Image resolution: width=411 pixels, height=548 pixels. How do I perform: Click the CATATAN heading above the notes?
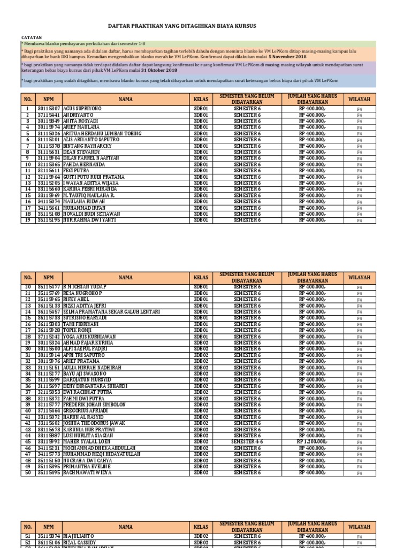coord(31,37)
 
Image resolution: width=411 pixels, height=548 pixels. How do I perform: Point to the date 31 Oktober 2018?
coord(158,70)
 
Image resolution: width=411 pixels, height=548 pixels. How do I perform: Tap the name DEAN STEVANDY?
coord(81,152)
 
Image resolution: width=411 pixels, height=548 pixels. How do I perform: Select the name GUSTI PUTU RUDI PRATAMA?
coord(94,177)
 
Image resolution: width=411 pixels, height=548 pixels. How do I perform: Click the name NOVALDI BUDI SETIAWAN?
coord(92,214)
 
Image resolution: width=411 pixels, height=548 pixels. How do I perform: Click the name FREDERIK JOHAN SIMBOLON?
coord(95,405)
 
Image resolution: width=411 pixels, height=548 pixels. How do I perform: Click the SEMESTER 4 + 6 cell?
coord(247,442)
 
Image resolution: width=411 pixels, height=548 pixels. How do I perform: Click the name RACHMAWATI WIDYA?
coord(87,473)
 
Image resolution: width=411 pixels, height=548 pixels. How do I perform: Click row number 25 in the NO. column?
coord(27,318)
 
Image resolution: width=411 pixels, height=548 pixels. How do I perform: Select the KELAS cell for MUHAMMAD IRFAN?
coord(203,208)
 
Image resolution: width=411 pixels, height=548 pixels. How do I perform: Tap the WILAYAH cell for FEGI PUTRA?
coord(360,171)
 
